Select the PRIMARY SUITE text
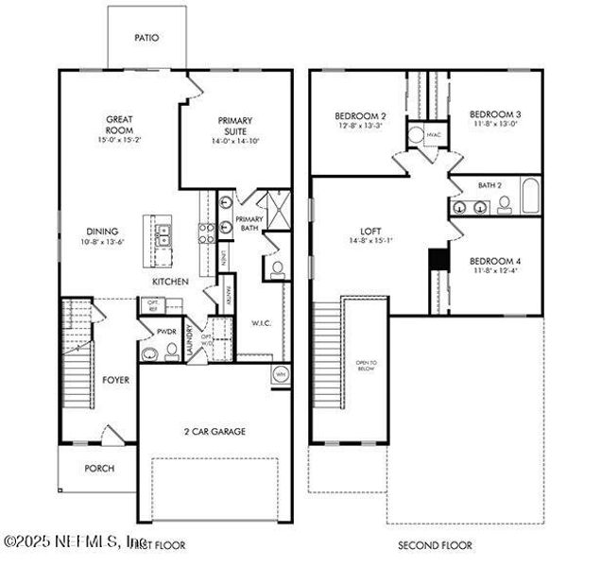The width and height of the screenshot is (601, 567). [235, 127]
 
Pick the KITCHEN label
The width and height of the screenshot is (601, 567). [171, 282]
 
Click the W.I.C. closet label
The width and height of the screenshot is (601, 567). [261, 323]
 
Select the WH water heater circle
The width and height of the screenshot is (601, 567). [280, 374]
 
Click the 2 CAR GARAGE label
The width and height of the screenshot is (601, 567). [215, 432]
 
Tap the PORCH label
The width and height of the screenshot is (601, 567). [99, 468]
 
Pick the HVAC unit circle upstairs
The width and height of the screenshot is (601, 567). [417, 134]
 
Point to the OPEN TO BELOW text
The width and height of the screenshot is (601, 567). [366, 366]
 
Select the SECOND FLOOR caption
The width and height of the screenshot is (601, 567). [435, 545]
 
